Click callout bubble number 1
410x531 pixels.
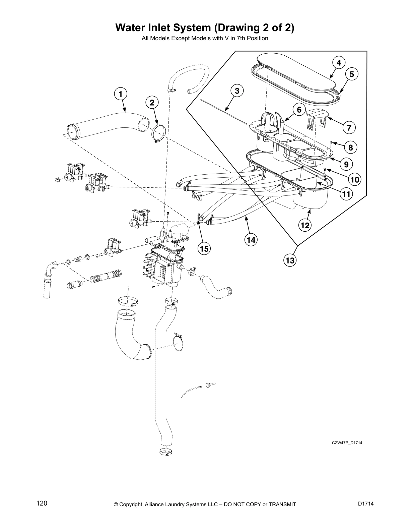point(121,94)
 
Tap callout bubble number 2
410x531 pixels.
point(152,103)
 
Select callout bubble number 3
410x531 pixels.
point(237,91)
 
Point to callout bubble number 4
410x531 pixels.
point(339,63)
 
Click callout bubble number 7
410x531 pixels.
point(349,128)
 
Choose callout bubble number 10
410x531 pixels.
point(355,180)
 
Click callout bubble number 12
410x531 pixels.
point(305,226)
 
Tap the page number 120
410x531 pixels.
point(42,504)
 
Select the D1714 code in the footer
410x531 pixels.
point(365,504)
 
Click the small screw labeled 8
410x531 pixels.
point(331,143)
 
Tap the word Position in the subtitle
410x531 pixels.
point(258,39)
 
